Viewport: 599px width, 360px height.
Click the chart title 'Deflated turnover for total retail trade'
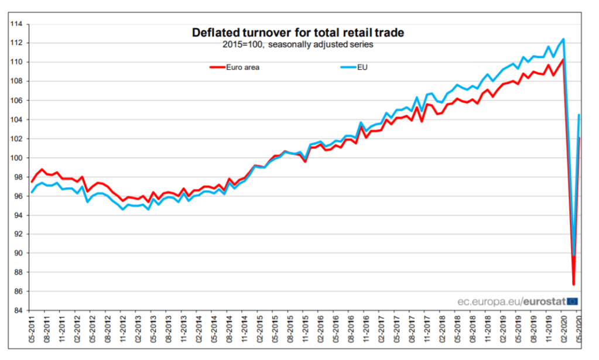[298, 33]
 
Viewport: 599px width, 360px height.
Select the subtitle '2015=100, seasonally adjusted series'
[298, 44]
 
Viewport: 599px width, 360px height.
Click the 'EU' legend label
[362, 67]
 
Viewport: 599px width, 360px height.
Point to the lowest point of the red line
[574, 284]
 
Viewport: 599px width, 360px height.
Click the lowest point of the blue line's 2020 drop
[573, 255]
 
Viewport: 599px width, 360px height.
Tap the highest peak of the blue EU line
[563, 39]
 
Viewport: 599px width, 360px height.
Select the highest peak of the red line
[563, 59]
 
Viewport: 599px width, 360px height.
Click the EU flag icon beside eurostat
[573, 301]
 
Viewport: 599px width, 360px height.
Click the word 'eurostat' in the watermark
[545, 301]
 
